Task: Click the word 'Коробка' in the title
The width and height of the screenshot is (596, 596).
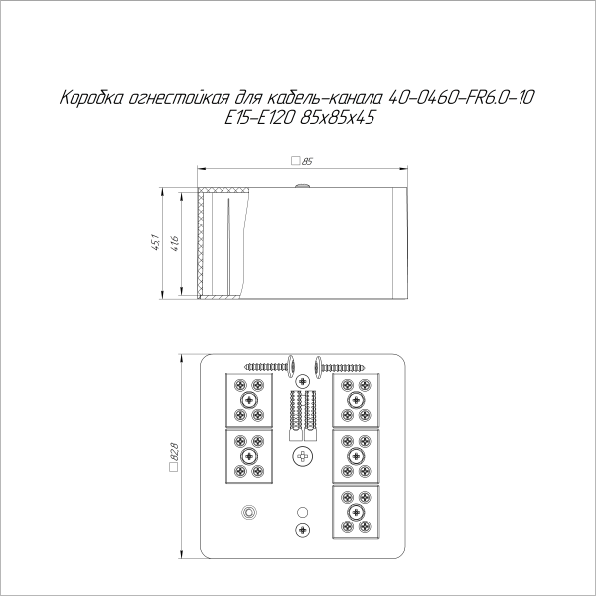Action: [92, 99]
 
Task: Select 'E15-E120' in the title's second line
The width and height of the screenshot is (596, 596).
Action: [249, 117]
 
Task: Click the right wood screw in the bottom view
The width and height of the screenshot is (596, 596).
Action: [345, 365]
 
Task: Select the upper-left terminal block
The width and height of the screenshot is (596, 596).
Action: [247, 399]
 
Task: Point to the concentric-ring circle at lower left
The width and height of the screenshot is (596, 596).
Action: [247, 513]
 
